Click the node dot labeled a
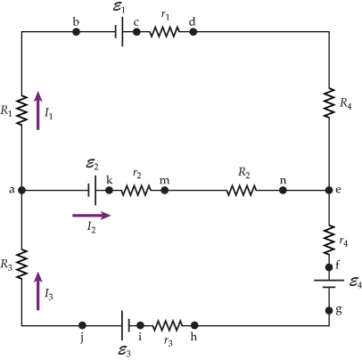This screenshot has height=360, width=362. (x=21, y=190)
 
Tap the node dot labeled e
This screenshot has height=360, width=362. (x=328, y=190)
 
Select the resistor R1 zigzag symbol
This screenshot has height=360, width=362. (x=21, y=110)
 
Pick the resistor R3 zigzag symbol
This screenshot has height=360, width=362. (x=21, y=264)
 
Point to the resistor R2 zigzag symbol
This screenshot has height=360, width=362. (x=241, y=190)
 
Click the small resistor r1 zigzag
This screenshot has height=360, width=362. (x=165, y=32)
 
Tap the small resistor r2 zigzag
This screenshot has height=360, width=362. (x=136, y=190)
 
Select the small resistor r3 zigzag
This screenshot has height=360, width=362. (x=167, y=325)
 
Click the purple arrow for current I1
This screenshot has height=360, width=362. (x=37, y=110)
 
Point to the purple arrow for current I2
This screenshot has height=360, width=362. (x=93, y=214)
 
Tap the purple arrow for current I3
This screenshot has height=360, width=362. (x=37, y=290)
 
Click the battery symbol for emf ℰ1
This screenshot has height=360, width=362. (x=117, y=32)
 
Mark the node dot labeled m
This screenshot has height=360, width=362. (x=164, y=190)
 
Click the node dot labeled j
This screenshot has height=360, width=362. (x=82, y=325)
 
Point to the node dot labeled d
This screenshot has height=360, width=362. (x=193, y=32)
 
